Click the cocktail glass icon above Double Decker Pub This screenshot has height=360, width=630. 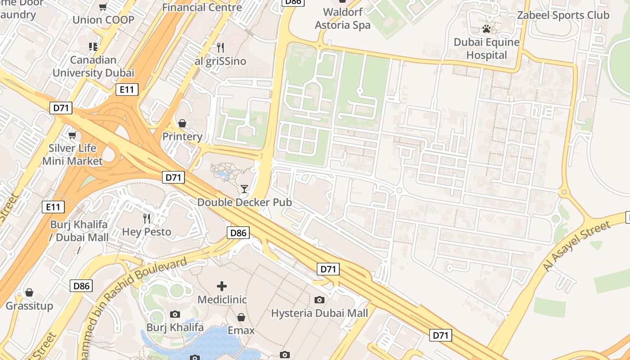click(x=244, y=189)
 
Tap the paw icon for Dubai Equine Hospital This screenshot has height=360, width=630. click(x=486, y=29)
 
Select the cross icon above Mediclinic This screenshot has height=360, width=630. click(x=222, y=286)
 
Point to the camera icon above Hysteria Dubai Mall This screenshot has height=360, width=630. click(x=319, y=300)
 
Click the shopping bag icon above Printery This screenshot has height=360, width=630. click(x=182, y=123)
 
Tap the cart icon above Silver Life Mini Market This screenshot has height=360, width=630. click(x=72, y=135)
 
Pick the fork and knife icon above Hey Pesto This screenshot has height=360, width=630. click(x=147, y=219)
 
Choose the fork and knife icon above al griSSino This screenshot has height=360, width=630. click(x=220, y=48)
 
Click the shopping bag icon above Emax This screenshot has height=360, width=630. click(x=241, y=317)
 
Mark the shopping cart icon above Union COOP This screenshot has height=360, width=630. click(x=103, y=7)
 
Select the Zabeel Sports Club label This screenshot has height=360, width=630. click(x=563, y=15)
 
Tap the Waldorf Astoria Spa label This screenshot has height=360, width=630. click(x=342, y=18)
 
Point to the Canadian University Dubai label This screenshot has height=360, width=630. click(x=93, y=66)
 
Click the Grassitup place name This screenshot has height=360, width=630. click(x=29, y=306)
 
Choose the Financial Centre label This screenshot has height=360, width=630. click(x=202, y=7)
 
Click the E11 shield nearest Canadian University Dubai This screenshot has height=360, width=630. click(x=127, y=90)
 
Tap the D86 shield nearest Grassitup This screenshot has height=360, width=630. click(x=81, y=286)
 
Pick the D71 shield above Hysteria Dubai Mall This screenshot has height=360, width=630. click(x=328, y=269)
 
